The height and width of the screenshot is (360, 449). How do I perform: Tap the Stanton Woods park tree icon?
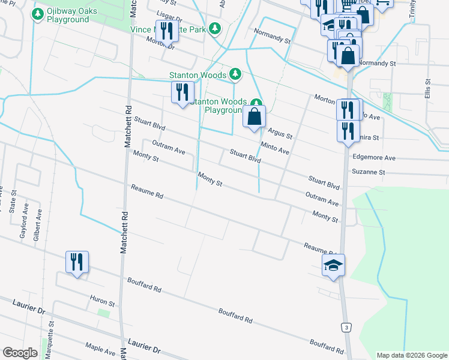[x=236, y=74]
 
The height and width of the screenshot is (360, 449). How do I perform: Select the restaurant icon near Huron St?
[x=77, y=262]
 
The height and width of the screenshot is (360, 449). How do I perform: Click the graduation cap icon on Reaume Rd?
[x=333, y=265]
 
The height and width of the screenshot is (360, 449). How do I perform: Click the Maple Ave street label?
[x=100, y=347]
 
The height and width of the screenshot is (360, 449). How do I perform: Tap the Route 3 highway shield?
[x=345, y=327]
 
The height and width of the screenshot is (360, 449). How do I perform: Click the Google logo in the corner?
[x=20, y=352]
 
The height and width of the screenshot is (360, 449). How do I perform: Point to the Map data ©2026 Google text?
[x=411, y=355]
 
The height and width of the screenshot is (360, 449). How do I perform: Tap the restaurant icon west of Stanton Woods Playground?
[x=182, y=93]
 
